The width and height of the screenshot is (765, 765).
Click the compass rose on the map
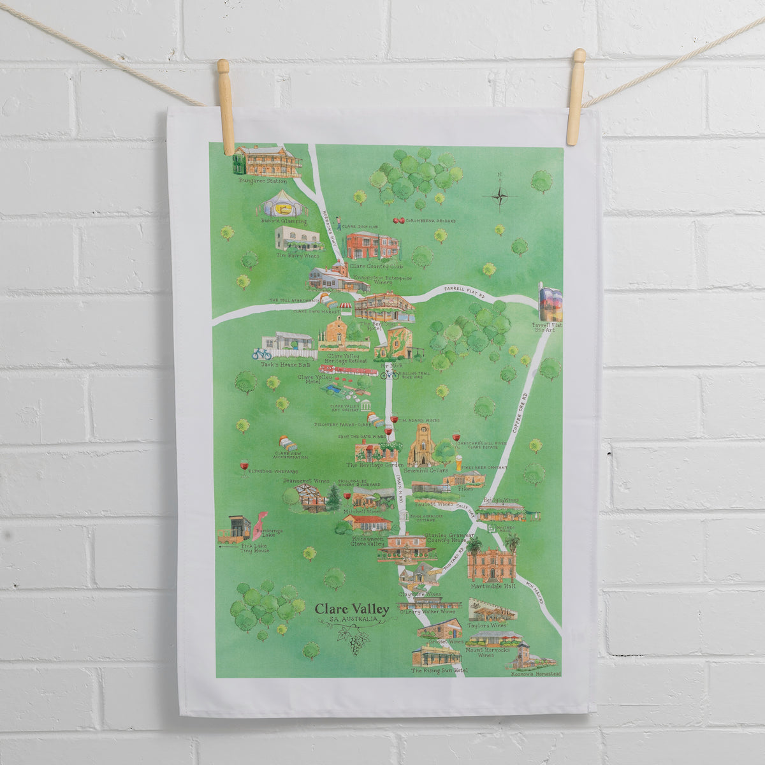pos(500,193)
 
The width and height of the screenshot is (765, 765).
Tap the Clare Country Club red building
pos(372,247)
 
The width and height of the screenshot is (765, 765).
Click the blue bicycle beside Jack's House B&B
pos(261,354)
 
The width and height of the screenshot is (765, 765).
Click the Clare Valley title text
pos(352,609)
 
